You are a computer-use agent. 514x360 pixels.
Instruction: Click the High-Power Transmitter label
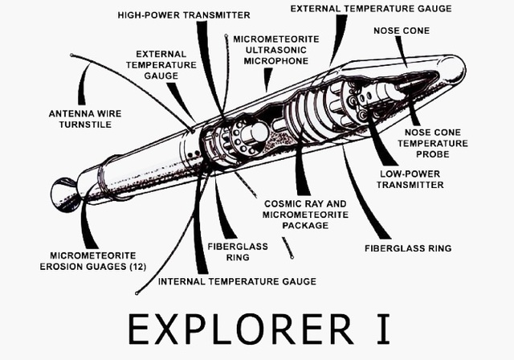[x=184, y=14]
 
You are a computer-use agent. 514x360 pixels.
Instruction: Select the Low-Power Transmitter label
[x=410, y=178]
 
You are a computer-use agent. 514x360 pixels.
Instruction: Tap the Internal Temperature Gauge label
[x=237, y=281]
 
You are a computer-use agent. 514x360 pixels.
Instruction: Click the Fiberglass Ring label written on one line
[x=408, y=248]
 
